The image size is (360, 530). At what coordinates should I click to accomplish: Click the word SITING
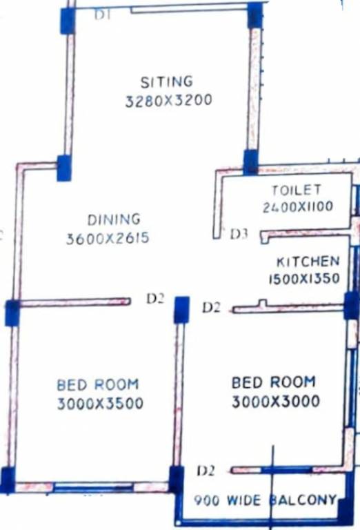click(166, 82)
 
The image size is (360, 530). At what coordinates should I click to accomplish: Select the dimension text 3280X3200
click(168, 101)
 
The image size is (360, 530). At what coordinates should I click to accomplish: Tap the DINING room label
click(114, 220)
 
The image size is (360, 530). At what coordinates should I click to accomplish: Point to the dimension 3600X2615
click(108, 239)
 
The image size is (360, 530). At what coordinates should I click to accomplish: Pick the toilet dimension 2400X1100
click(297, 206)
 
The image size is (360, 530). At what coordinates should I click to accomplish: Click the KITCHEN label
click(308, 262)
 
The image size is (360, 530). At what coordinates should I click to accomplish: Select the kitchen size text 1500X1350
click(304, 279)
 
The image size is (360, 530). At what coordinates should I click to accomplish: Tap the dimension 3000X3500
click(100, 403)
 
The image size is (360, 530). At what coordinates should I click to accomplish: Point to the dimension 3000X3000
click(276, 401)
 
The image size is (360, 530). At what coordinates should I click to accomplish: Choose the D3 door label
click(239, 234)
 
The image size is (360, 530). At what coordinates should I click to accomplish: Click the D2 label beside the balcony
click(206, 471)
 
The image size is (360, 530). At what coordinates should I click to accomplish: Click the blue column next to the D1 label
click(67, 21)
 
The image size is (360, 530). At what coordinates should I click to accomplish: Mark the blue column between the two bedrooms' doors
click(181, 309)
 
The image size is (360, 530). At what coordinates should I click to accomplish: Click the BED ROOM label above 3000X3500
click(97, 384)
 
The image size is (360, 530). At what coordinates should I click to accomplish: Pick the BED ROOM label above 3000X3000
click(273, 382)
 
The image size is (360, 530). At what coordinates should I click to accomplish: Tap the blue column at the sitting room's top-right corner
click(255, 15)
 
